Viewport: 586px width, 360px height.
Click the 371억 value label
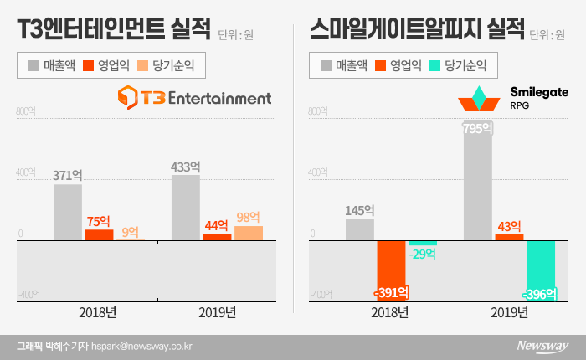[67, 176]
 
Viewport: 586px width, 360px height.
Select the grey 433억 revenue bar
[185, 208]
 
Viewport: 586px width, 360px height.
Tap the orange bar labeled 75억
[98, 234]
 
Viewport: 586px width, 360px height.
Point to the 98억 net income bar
[248, 233]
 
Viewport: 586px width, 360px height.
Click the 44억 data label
[217, 225]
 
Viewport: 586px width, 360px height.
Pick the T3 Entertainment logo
[194, 98]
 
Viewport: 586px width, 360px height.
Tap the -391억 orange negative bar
[391, 268]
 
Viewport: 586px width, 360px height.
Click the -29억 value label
[423, 253]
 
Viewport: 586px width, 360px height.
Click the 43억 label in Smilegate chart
[508, 226]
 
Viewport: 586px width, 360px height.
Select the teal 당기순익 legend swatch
[437, 64]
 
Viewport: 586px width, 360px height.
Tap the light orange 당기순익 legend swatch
[146, 64]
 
